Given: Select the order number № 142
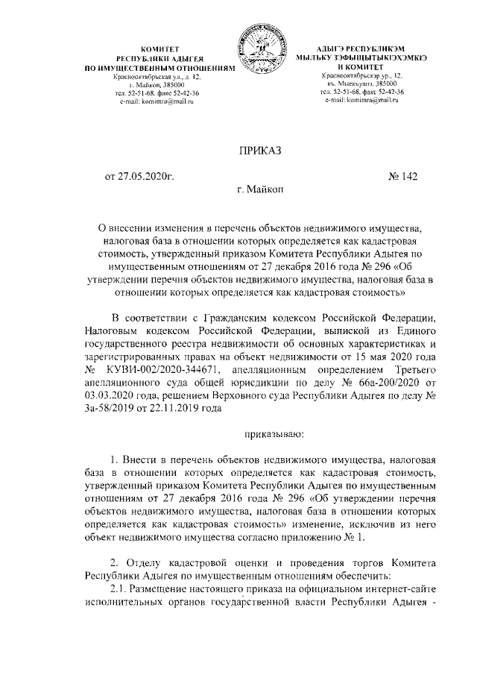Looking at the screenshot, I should point(402,177).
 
